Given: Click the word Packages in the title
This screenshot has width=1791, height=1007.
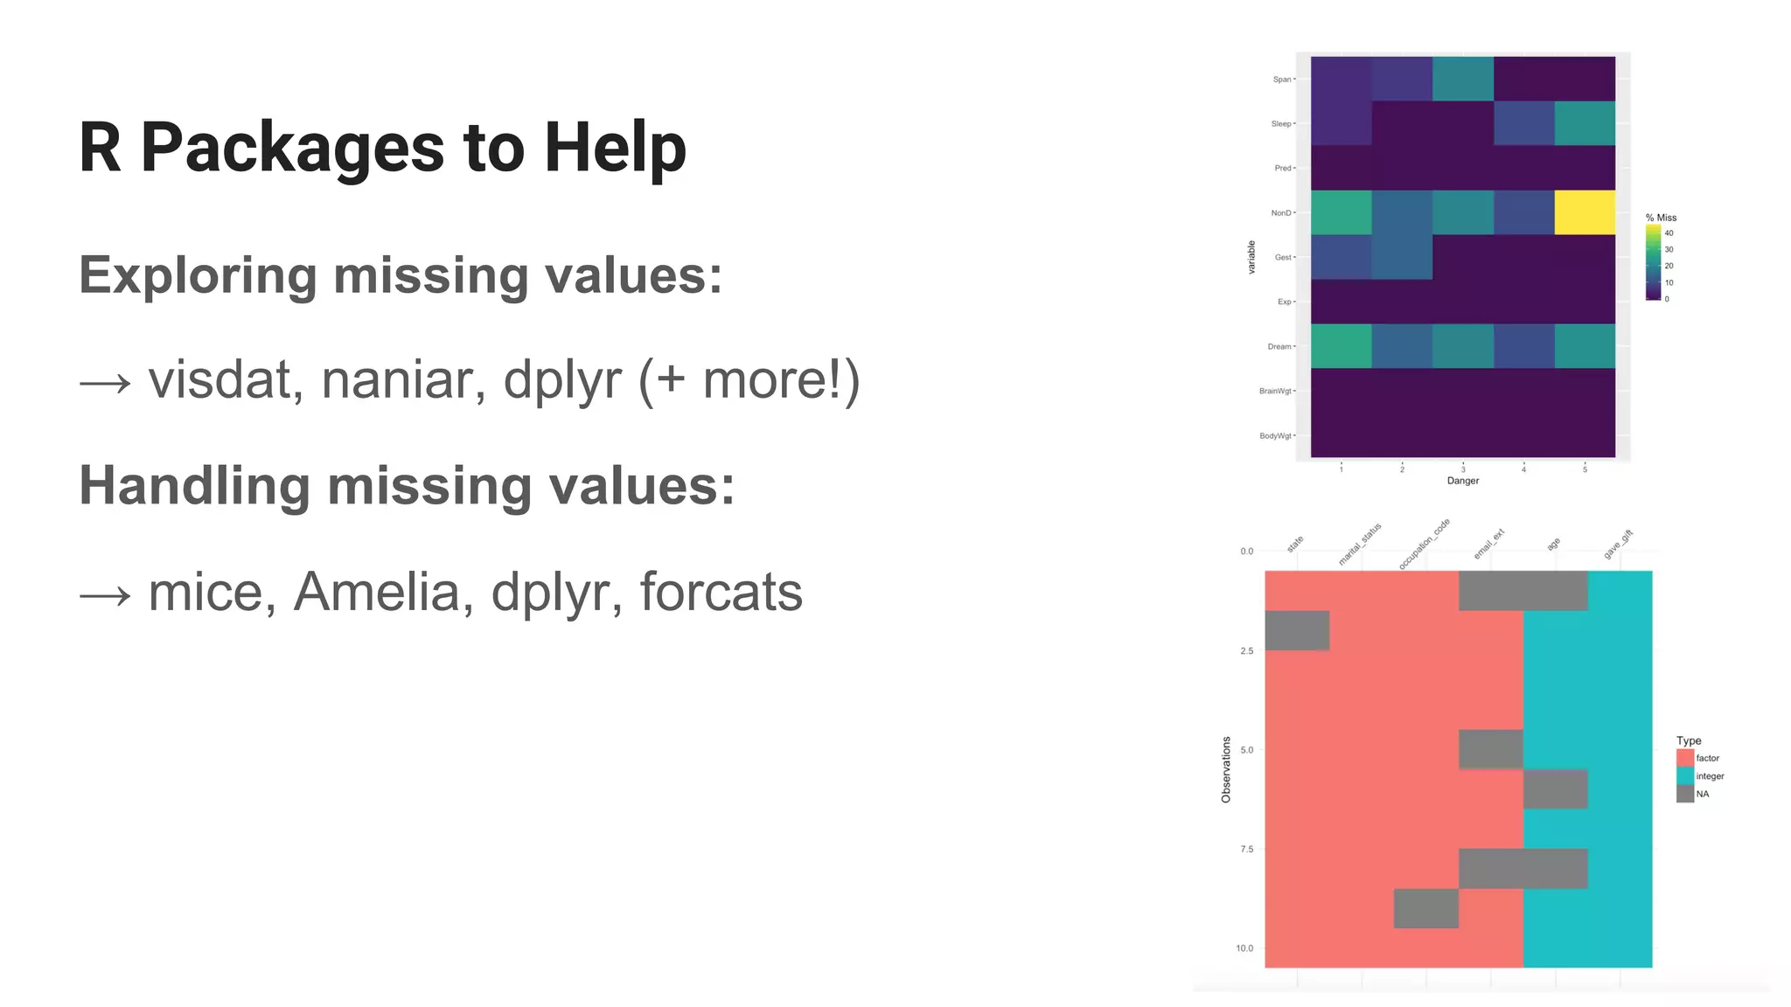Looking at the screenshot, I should (x=292, y=149).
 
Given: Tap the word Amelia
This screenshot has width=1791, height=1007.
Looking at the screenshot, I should (x=377, y=592).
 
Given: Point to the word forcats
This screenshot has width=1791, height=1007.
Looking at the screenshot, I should (x=721, y=592).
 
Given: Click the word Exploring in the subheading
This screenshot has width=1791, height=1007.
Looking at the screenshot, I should (x=197, y=275).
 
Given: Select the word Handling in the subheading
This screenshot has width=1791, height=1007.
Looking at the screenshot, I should (x=194, y=486).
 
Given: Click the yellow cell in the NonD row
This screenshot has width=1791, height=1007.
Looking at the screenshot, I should (x=1584, y=212).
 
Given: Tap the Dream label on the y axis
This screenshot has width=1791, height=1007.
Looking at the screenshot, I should (x=1279, y=347).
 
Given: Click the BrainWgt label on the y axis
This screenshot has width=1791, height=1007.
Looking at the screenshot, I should (x=1274, y=391).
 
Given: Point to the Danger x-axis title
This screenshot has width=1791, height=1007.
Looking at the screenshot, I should (x=1462, y=481).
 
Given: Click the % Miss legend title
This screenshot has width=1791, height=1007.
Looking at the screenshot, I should (x=1661, y=218).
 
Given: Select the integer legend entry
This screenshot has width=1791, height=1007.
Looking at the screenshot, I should (x=1709, y=776).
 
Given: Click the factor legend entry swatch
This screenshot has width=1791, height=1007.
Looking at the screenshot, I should (x=1684, y=758).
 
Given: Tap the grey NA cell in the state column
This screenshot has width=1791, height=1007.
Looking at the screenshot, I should (x=1297, y=630).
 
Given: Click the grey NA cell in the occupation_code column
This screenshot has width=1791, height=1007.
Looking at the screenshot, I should (x=1425, y=908).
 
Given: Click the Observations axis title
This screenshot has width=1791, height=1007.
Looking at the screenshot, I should (x=1225, y=769).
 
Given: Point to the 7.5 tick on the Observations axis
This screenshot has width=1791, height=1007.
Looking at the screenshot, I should (x=1246, y=849).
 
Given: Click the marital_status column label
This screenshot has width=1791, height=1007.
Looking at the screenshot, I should (x=1360, y=544).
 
